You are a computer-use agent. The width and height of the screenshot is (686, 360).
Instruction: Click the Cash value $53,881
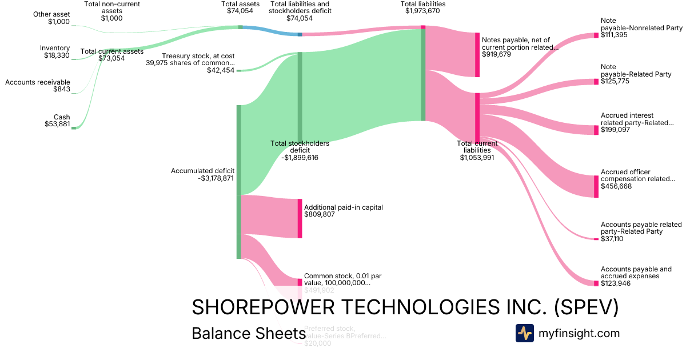click(x=57, y=124)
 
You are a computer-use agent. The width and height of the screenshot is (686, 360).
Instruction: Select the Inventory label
click(x=55, y=48)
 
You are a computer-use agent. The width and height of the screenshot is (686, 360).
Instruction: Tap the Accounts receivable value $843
click(x=62, y=89)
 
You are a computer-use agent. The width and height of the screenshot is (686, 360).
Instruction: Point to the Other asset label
click(x=51, y=14)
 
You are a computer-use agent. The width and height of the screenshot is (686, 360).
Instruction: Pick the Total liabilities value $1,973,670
click(x=423, y=11)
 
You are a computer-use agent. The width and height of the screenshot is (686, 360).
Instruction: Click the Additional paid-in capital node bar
click(x=300, y=218)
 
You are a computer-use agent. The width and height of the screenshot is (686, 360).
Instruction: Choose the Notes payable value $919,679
click(x=496, y=55)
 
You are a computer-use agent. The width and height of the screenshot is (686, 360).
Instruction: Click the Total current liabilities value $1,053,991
click(x=477, y=158)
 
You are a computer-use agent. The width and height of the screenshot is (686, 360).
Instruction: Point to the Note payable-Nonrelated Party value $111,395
click(x=615, y=35)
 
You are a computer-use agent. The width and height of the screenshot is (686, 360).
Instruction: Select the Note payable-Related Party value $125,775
click(x=615, y=82)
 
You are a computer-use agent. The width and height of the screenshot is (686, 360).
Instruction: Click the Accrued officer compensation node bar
click(x=596, y=186)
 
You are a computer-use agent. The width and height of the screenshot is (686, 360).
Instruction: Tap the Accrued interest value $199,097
click(x=615, y=130)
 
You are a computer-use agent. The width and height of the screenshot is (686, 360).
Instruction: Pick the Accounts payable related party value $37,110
click(x=612, y=239)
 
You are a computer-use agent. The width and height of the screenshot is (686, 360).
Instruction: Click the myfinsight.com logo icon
click(x=524, y=333)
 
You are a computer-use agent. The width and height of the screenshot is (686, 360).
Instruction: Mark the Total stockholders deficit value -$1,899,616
click(x=300, y=157)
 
